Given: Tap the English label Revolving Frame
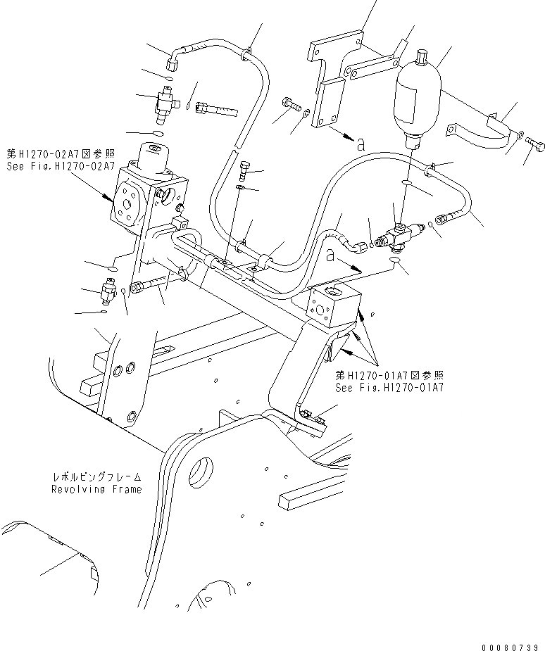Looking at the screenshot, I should pyautogui.click(x=96, y=489).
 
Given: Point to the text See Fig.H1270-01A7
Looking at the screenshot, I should pyautogui.click(x=389, y=388).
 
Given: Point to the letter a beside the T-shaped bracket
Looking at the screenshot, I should pyautogui.click(x=360, y=144).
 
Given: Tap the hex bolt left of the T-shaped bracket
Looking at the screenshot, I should pyautogui.click(x=289, y=103).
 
